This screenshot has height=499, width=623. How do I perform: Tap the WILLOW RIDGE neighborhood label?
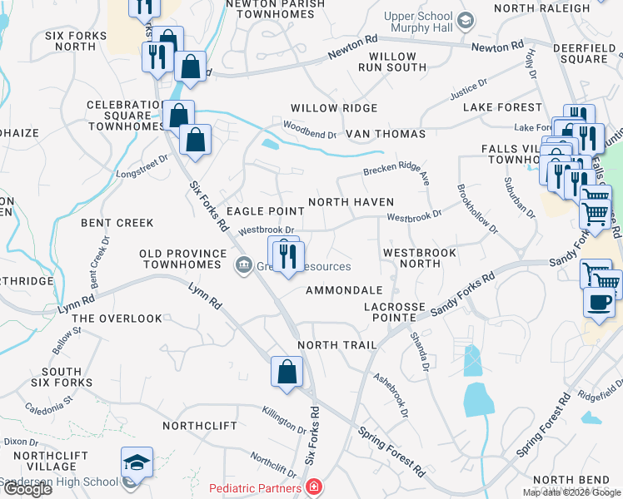333,108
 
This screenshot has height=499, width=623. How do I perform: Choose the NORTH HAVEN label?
351,202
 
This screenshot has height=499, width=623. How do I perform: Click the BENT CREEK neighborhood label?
117,223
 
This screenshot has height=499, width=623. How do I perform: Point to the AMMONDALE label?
343,290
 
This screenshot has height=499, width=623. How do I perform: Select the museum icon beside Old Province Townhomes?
243,265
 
